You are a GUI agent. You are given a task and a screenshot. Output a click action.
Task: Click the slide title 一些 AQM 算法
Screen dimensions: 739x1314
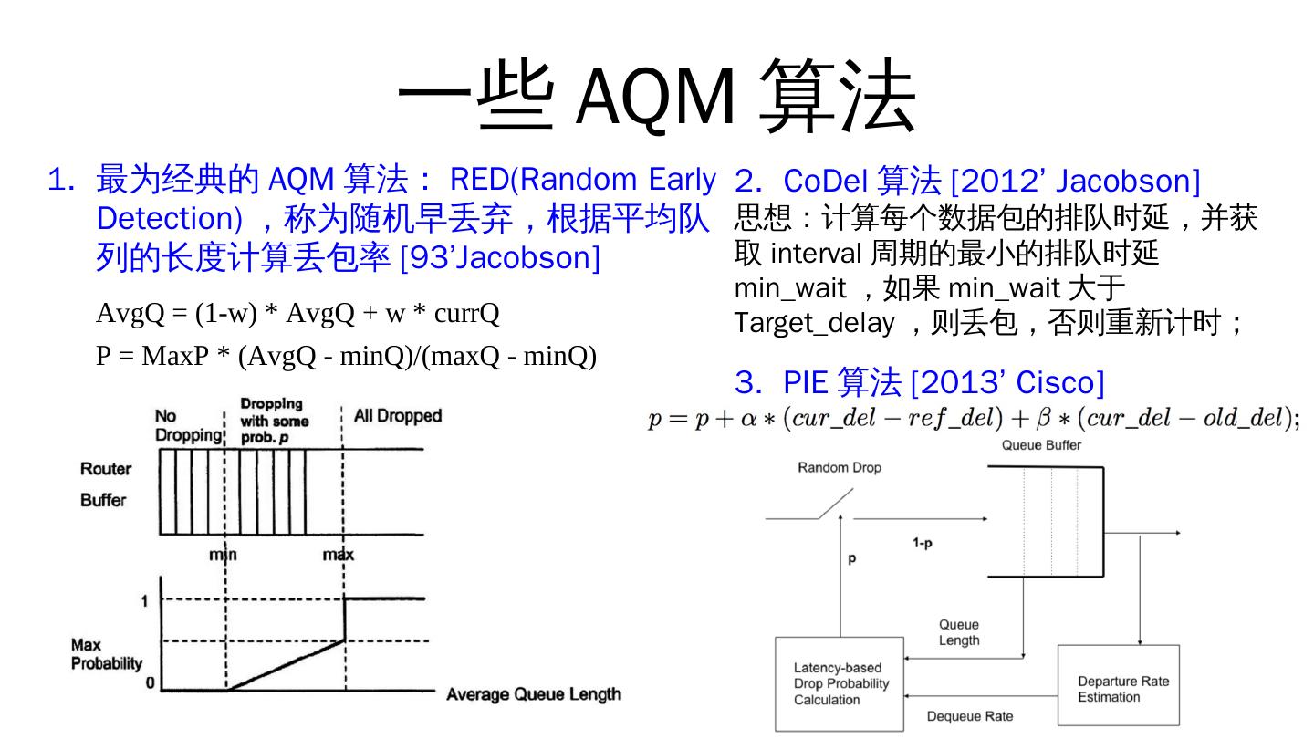pos(656,95)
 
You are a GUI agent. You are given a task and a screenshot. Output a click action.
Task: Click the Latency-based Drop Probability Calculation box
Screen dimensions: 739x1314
pos(840,683)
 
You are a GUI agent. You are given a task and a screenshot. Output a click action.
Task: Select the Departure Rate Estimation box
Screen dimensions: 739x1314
pos(1118,689)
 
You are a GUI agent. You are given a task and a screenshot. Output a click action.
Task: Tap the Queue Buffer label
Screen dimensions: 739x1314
pos(1041,445)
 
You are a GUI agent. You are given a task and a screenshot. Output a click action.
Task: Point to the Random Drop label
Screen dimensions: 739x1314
pos(839,468)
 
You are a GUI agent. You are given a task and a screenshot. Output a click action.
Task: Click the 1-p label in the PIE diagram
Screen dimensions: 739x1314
pos(923,543)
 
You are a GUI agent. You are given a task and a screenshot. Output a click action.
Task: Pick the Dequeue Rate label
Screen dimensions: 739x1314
pos(969,716)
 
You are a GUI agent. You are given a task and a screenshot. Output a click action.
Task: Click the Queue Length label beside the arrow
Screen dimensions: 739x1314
pos(959,632)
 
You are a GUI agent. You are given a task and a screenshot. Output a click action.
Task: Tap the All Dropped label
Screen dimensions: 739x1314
pos(397,416)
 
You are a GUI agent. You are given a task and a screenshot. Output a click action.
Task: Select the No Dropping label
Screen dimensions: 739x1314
pos(188,425)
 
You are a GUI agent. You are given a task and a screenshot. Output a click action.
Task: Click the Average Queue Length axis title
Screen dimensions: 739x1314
pos(533,695)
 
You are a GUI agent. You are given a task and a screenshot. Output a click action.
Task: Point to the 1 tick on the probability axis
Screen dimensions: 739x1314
pos(143,600)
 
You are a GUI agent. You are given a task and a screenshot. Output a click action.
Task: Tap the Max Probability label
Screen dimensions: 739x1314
pos(107,654)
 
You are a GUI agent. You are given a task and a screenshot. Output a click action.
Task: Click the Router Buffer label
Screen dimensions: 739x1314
pos(105,484)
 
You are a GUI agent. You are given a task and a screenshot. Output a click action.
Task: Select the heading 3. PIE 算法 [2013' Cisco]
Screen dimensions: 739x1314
pos(920,382)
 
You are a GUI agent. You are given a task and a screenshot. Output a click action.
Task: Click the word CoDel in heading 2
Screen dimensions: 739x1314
pos(825,181)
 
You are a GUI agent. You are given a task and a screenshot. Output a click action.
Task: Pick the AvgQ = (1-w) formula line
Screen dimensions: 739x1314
pos(297,314)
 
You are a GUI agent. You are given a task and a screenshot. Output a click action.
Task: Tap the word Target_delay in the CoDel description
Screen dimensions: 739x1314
pos(814,323)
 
